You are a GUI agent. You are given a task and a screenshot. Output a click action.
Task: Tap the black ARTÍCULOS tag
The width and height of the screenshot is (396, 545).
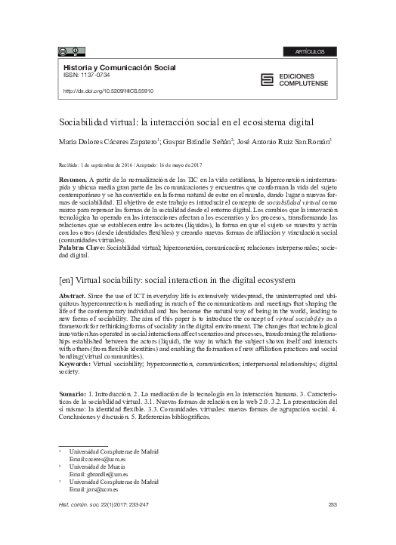(311, 51)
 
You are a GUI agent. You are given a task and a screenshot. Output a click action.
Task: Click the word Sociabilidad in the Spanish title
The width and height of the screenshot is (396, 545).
(85, 122)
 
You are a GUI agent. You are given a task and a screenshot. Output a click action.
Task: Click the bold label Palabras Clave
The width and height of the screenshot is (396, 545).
(81, 246)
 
